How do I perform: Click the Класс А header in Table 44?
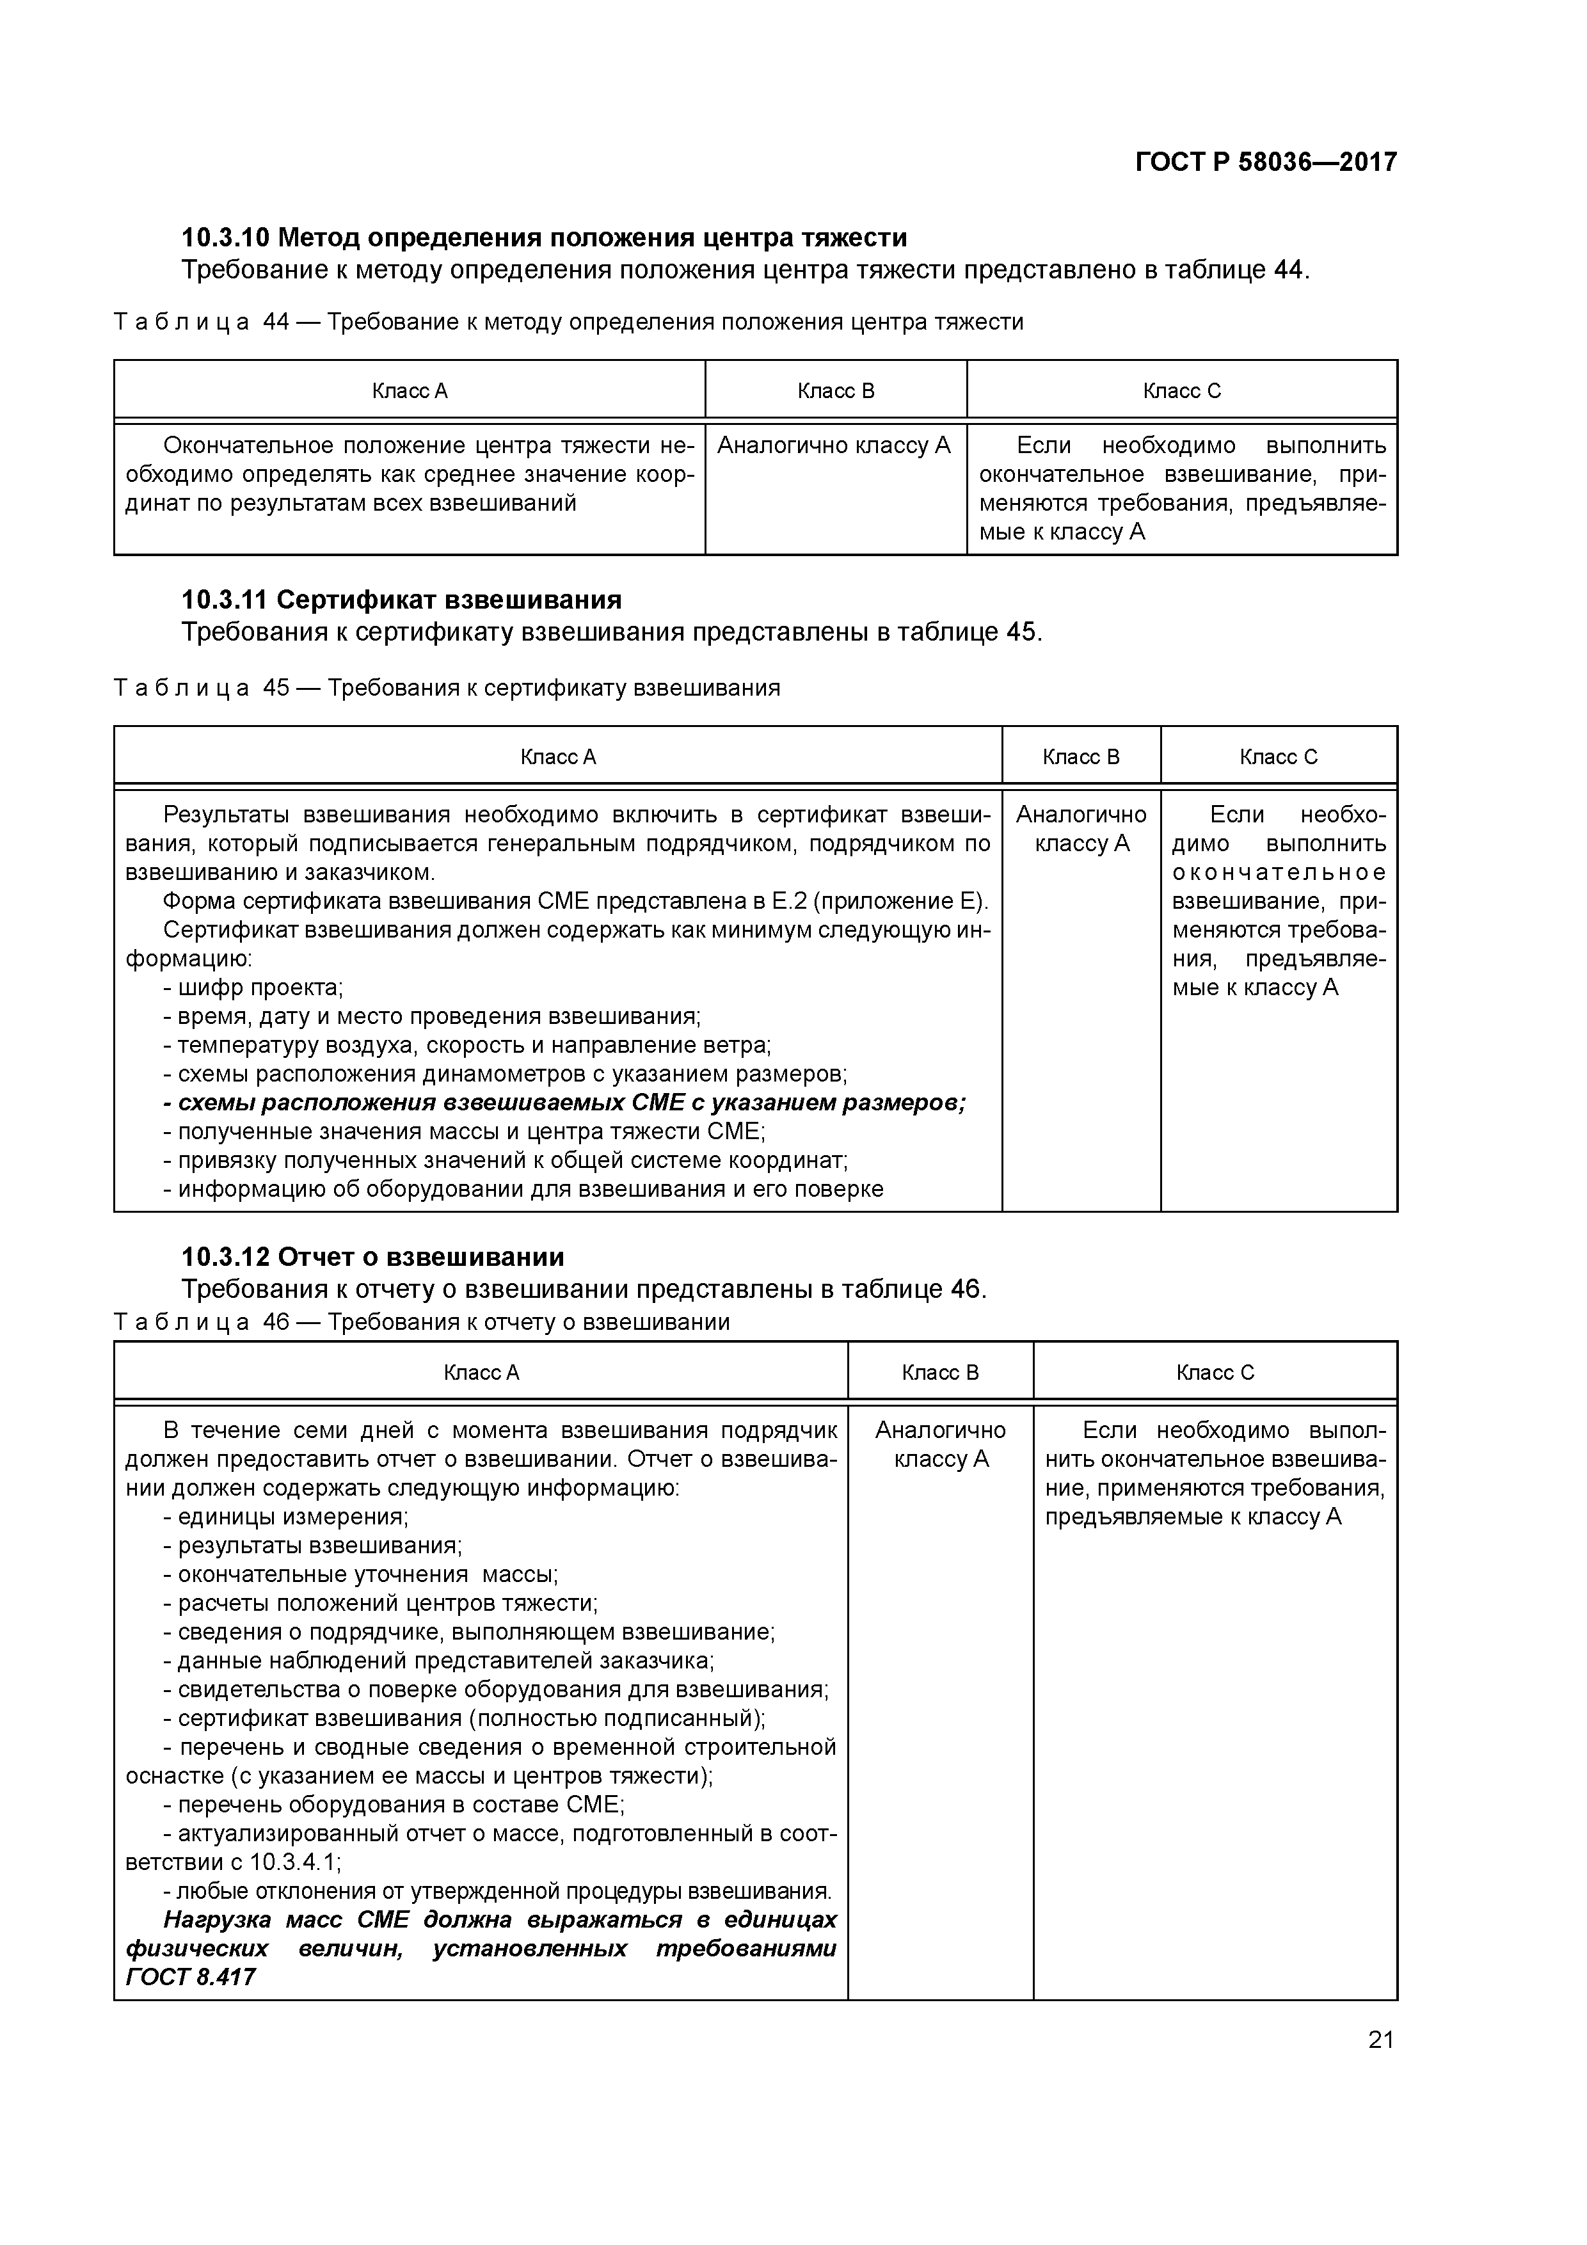(x=409, y=391)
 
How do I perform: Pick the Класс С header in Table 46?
(x=1215, y=1372)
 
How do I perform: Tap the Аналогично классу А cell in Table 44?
(x=834, y=446)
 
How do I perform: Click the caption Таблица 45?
(x=447, y=687)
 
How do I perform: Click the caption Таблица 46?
(x=422, y=1322)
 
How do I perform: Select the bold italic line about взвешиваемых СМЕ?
(x=564, y=1103)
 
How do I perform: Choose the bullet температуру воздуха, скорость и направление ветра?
(x=467, y=1045)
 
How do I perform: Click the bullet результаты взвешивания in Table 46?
(x=312, y=1546)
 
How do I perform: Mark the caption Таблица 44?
(x=568, y=322)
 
